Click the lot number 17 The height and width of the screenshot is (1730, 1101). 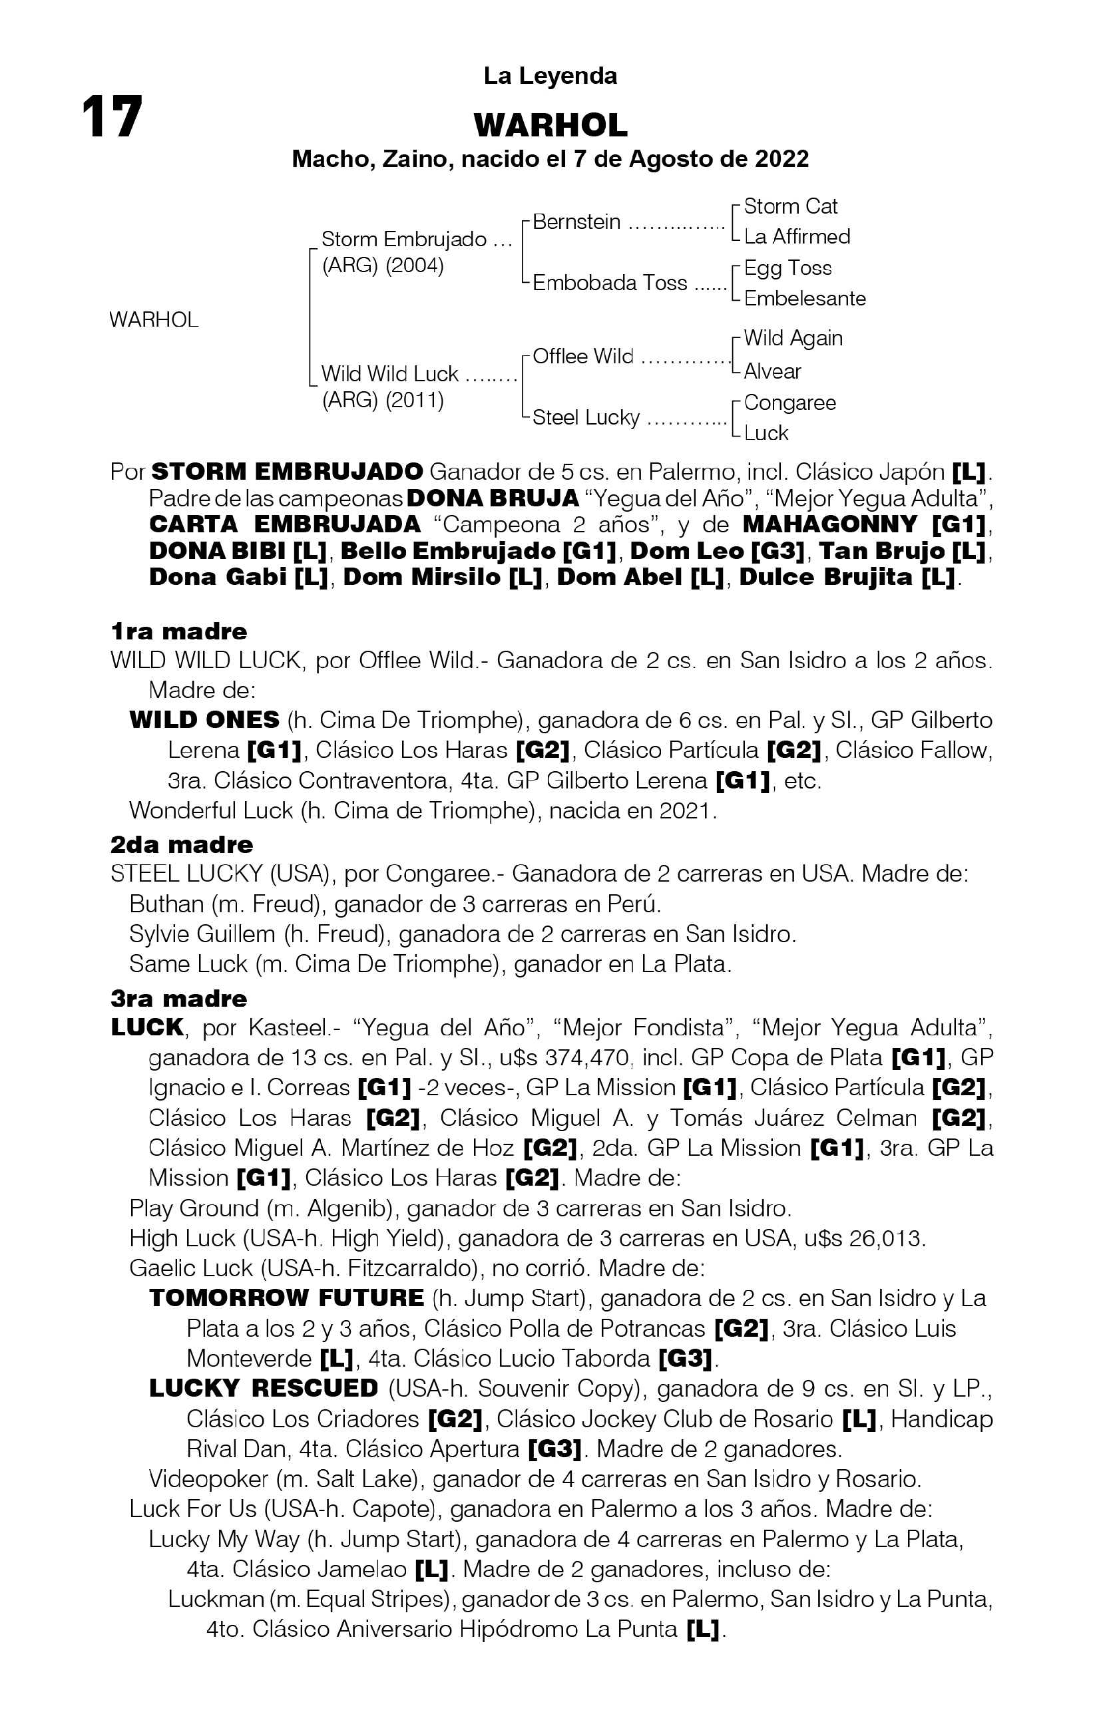[x=112, y=117]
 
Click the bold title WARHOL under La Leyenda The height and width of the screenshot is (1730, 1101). [x=550, y=126]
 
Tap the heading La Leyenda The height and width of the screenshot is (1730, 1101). [x=550, y=76]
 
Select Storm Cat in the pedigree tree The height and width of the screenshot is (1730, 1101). [x=791, y=207]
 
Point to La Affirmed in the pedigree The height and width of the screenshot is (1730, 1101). [x=797, y=236]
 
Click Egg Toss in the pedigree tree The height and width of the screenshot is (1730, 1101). [x=787, y=268]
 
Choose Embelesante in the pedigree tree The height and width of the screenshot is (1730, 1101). [x=805, y=298]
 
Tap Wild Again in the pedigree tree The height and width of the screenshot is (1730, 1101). [x=793, y=339]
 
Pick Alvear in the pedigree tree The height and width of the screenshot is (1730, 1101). [x=773, y=371]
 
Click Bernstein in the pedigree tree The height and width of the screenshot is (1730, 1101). [x=576, y=222]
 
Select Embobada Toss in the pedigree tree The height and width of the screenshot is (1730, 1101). [x=610, y=283]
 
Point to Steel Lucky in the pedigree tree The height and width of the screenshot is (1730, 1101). [x=586, y=417]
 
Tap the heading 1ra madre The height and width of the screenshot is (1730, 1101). [x=179, y=631]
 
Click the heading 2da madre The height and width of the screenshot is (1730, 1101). [x=182, y=844]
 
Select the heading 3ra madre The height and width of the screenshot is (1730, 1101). [x=179, y=999]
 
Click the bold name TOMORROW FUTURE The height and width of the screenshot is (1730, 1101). [x=287, y=1298]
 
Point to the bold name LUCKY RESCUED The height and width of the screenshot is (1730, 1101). [x=264, y=1389]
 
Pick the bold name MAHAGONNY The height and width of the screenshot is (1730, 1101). [x=830, y=524]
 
